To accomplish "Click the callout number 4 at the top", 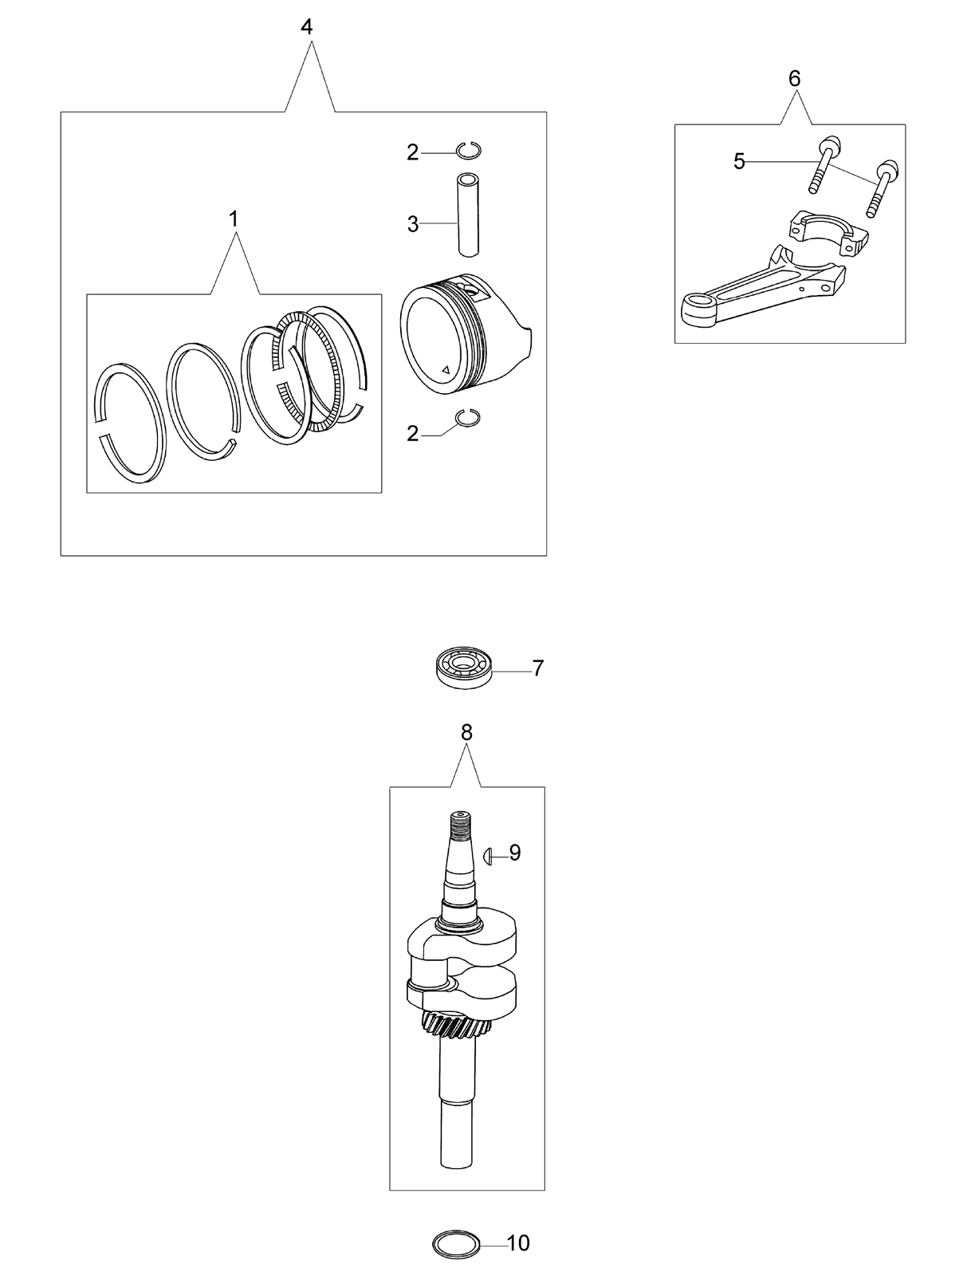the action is (306, 26).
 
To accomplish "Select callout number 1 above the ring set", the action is (233, 219).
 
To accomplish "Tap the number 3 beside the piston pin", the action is (413, 224).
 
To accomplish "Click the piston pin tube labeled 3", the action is (468, 215).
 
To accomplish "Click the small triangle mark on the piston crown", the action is (446, 369).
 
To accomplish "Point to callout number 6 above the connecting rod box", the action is (794, 78).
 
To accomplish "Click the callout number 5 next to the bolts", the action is (739, 161).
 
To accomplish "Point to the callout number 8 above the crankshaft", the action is (466, 732).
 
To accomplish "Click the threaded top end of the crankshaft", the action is (461, 825).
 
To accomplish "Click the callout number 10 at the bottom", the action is (517, 1243).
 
